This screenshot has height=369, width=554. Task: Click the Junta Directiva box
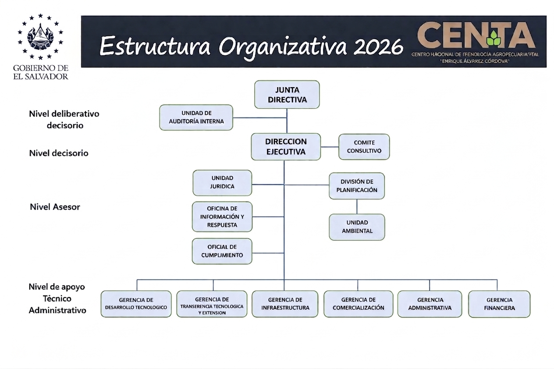(287, 95)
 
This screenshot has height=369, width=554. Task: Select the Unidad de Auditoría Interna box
(196, 117)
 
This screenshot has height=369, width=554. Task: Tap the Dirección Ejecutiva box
(286, 147)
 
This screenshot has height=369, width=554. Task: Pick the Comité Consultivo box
(364, 147)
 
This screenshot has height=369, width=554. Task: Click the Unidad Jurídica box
(222, 182)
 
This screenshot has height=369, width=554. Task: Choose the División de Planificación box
(357, 186)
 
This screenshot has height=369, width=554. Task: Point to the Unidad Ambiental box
(357, 227)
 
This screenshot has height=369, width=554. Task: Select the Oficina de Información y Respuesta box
(222, 216)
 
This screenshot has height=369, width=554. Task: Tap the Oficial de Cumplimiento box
(222, 251)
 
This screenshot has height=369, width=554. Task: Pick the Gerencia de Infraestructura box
(285, 304)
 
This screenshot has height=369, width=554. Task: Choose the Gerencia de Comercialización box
(358, 304)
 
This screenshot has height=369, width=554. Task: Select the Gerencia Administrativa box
(430, 304)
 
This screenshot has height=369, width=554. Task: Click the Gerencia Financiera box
(499, 304)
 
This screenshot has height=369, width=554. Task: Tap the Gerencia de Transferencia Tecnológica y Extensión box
(212, 304)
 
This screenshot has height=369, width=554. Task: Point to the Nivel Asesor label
(55, 207)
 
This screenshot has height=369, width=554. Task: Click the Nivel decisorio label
(59, 153)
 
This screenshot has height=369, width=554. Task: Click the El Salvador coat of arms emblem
(40, 37)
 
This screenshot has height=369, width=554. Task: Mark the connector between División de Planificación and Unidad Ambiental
(357, 206)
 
